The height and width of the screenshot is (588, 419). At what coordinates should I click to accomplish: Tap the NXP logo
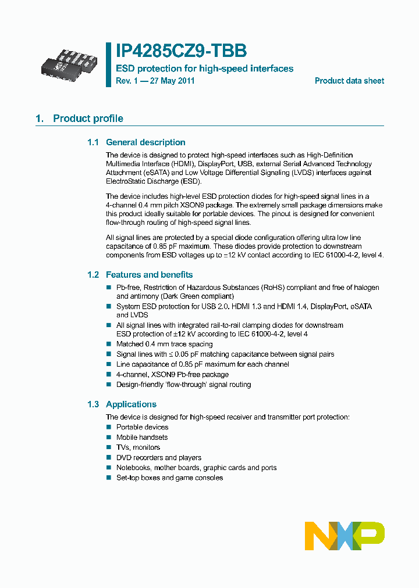[345, 536]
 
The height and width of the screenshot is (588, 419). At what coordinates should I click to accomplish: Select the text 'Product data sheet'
[349, 81]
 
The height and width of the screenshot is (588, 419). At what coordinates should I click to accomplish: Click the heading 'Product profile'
[88, 119]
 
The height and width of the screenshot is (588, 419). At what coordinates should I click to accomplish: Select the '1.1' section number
[93, 142]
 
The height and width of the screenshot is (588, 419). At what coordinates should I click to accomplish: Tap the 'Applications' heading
[131, 404]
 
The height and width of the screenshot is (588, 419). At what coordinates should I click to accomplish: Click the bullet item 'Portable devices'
[142, 427]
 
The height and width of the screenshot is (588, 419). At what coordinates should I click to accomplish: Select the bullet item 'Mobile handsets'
[142, 438]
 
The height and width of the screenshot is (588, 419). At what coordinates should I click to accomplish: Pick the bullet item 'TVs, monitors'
[138, 447]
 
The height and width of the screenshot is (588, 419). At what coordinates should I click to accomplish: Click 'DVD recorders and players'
[159, 458]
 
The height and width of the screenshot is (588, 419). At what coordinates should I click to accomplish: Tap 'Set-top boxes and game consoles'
[169, 478]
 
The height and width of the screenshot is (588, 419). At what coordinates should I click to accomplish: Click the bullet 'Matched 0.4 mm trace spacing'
[164, 345]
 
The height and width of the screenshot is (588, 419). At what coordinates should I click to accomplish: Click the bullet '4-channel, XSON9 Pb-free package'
[172, 375]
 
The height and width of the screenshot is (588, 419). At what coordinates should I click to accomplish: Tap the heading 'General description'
[145, 142]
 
